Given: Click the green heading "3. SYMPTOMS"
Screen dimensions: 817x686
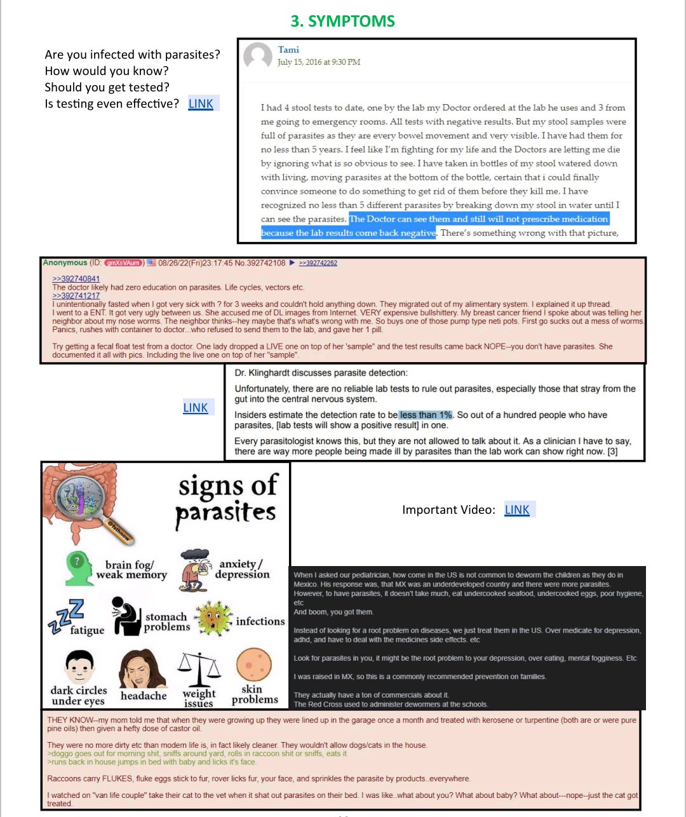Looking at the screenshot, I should click(342, 21).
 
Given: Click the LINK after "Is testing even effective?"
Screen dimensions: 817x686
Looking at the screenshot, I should click(201, 104).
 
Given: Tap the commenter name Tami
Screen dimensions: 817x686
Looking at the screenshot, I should click(288, 50).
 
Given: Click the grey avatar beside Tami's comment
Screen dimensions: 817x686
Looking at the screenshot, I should click(258, 57).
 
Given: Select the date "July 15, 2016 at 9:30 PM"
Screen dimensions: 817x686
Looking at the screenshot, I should click(319, 62).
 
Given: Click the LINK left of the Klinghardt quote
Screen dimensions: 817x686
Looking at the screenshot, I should click(196, 408).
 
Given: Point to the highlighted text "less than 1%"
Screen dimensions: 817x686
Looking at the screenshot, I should click(426, 415).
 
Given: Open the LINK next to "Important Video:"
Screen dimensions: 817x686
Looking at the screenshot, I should click(517, 510).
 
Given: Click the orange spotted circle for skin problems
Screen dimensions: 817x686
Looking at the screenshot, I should click(253, 665).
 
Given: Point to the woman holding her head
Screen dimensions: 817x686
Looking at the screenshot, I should click(142, 668).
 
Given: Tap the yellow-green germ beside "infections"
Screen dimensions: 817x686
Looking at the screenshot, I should click(213, 618).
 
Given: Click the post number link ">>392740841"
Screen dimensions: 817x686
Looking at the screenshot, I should click(76, 279).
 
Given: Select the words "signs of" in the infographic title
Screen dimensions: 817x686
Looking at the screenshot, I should click(228, 486).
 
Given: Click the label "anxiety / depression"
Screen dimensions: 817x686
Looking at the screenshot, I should click(242, 569).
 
